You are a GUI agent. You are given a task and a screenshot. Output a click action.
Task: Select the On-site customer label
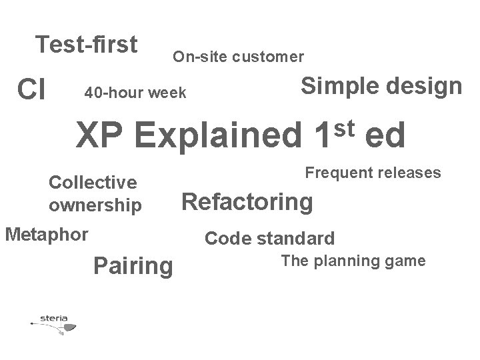(239, 57)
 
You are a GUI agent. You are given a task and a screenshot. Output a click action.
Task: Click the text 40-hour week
(135, 93)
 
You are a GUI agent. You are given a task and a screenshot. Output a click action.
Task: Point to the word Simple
(337, 85)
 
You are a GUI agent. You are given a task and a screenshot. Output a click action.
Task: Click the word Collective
(93, 182)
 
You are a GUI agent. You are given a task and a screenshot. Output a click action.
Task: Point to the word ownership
(95, 205)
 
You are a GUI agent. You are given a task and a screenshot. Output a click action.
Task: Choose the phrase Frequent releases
(373, 173)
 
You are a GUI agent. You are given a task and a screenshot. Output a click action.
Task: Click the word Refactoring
(247, 202)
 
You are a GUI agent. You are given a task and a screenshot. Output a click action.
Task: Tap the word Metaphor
(46, 235)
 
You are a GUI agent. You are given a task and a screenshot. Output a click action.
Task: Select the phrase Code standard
(269, 238)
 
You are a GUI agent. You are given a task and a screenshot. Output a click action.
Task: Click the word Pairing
(133, 266)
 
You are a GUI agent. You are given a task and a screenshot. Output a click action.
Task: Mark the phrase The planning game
(353, 261)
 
